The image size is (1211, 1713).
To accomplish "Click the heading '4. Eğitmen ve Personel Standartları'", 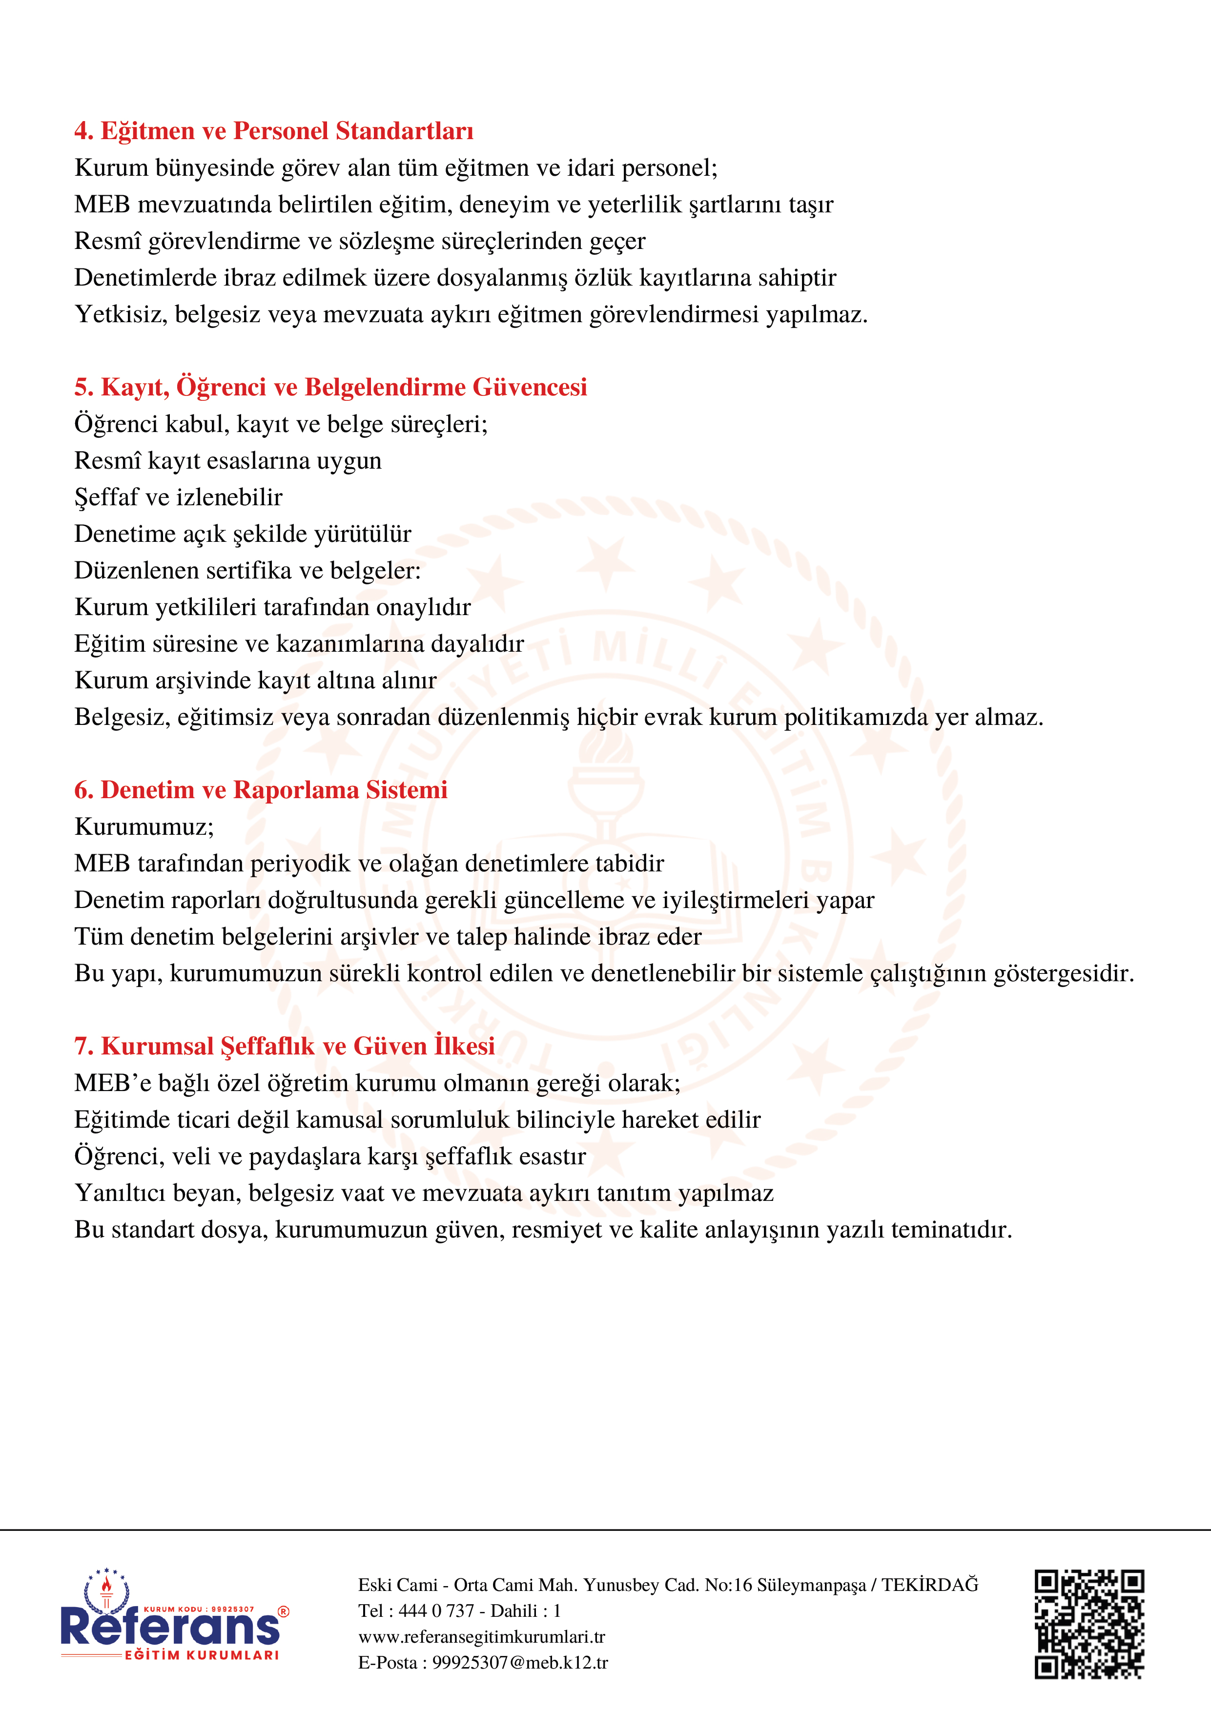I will [x=273, y=131].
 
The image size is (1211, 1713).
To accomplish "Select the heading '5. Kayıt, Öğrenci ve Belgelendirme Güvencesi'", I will [x=330, y=387].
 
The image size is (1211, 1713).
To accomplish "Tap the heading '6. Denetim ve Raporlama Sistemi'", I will [x=260, y=790].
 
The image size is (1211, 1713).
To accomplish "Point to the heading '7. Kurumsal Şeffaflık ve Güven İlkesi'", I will [x=284, y=1047].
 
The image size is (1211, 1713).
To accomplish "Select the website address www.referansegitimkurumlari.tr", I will [x=481, y=1636].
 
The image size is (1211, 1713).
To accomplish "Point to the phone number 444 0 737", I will [x=436, y=1611].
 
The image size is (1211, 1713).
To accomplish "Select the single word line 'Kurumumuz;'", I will [x=144, y=826].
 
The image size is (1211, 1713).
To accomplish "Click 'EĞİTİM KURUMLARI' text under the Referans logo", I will [x=202, y=1655].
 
